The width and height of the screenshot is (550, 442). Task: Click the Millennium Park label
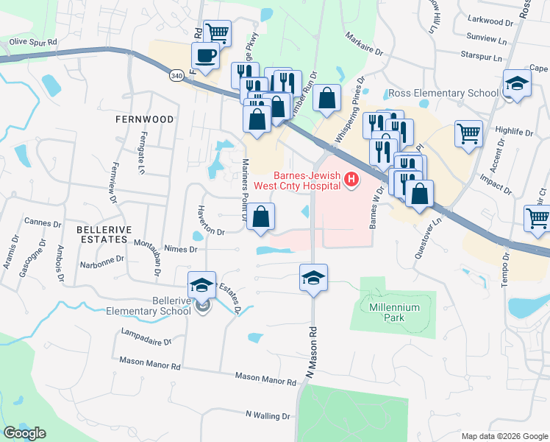pyautogui.click(x=396, y=312)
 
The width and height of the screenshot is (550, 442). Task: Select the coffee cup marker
pyautogui.click(x=205, y=55)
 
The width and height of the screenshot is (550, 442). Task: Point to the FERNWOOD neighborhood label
pyautogui.click(x=144, y=119)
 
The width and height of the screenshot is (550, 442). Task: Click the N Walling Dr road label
pyautogui.click(x=268, y=416)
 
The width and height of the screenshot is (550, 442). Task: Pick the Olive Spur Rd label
pyautogui.click(x=33, y=43)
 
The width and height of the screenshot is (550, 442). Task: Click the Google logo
pyautogui.click(x=24, y=432)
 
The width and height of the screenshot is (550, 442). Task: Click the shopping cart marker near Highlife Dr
pyautogui.click(x=468, y=133)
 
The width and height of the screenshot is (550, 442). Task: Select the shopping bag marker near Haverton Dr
pyautogui.click(x=260, y=217)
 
